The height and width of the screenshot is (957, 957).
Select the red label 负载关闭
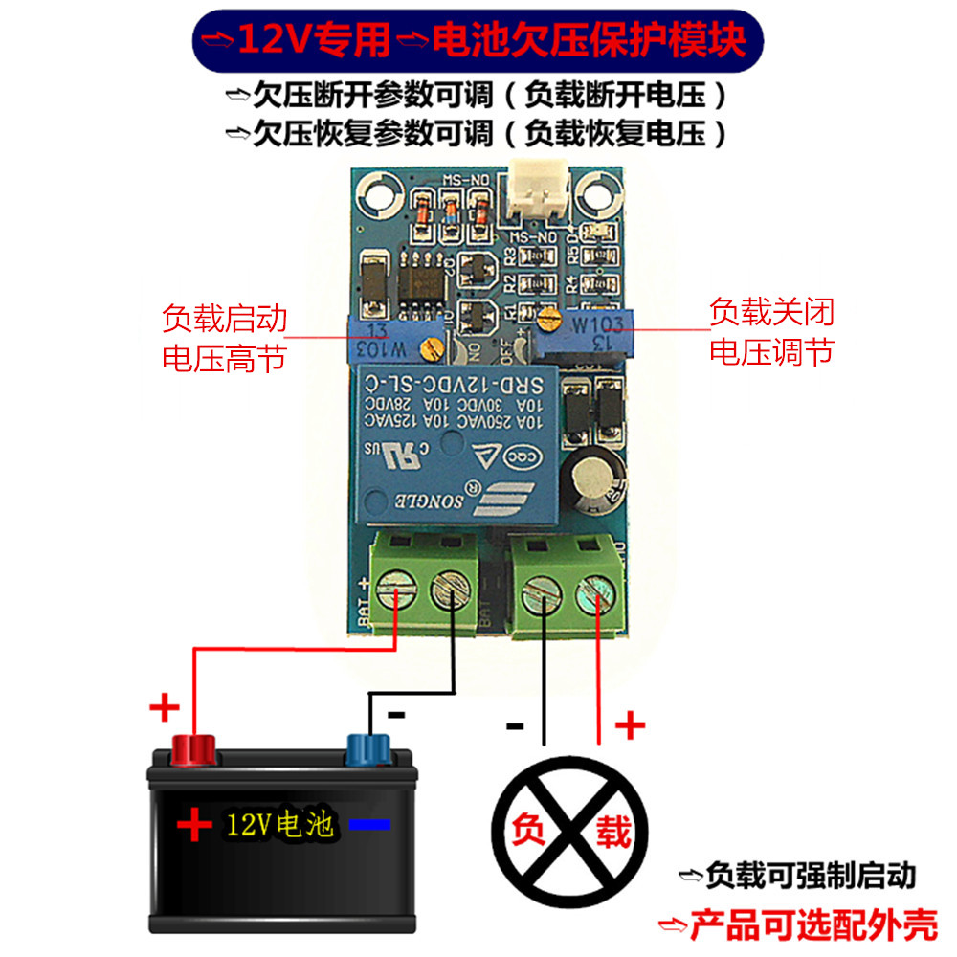coord(770,312)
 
